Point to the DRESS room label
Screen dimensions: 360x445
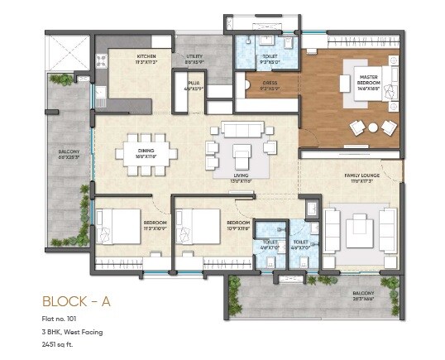pyautogui.click(x=270, y=83)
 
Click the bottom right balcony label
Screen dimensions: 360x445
pyautogui.click(x=362, y=295)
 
